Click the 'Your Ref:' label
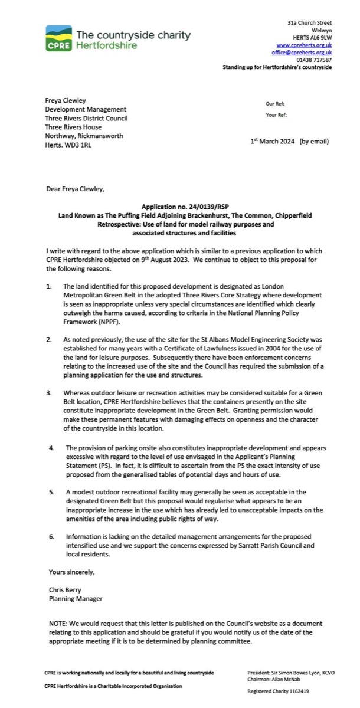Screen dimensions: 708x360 click(276, 115)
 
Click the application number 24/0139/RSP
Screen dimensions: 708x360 click(201, 208)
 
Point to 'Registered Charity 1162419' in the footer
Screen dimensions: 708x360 click(278, 690)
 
